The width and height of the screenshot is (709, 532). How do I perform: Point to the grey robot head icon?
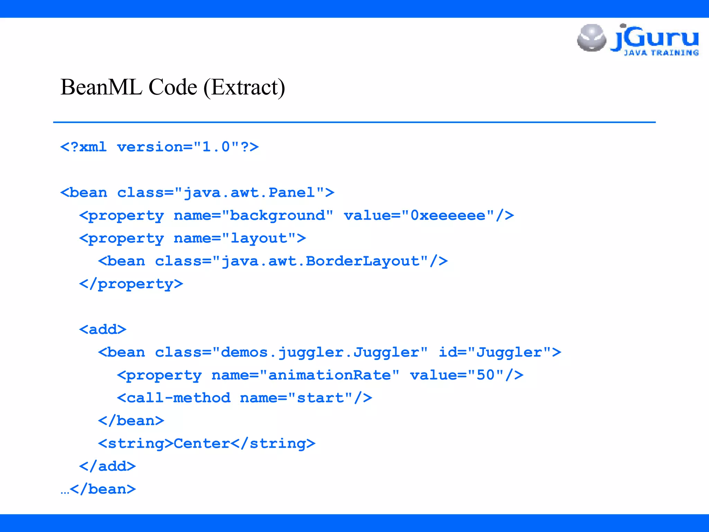(591, 37)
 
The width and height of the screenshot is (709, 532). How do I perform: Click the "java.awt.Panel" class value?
(249, 193)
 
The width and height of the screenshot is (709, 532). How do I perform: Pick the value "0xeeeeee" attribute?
(448, 215)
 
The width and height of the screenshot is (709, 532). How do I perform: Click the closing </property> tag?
(131, 284)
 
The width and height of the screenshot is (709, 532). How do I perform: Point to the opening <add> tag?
(102, 329)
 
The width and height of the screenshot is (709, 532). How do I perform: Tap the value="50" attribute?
(457, 375)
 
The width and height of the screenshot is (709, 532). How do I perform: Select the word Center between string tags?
(202, 444)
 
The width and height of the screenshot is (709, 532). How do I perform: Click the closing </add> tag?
(107, 467)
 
